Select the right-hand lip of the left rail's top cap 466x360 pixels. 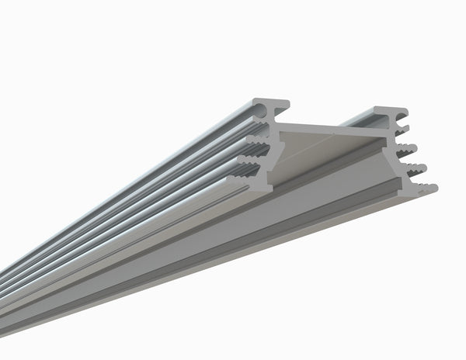click(284, 105)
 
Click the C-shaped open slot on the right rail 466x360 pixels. click(402, 123)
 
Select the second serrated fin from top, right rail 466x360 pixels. click(408, 149)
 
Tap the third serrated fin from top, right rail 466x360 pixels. click(416, 168)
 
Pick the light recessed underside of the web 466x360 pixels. click(311, 155)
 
